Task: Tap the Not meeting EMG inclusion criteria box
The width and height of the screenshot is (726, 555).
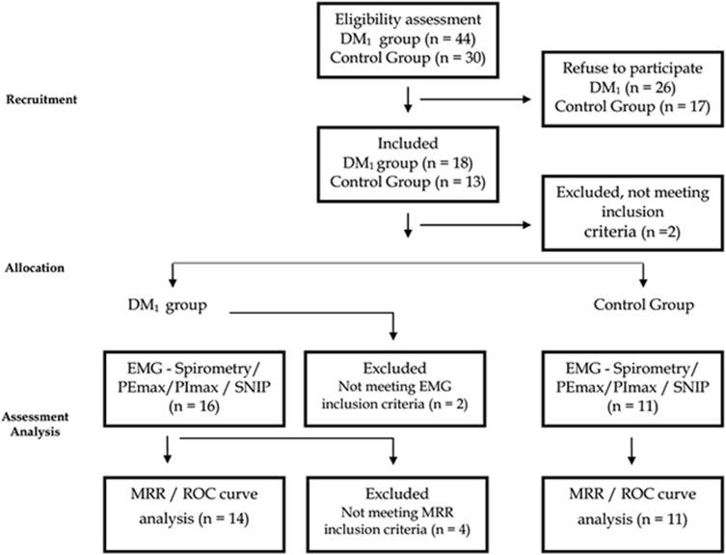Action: point(395,391)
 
